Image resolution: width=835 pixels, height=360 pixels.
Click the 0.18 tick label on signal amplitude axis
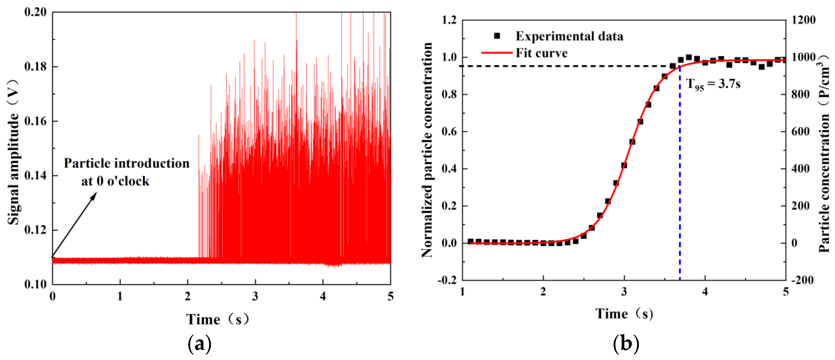(35, 66)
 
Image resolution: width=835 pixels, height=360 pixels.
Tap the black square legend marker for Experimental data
(497, 36)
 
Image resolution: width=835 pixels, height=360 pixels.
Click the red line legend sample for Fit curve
(497, 53)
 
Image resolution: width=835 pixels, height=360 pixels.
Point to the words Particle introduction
(126, 163)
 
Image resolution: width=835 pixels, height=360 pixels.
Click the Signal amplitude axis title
(13, 152)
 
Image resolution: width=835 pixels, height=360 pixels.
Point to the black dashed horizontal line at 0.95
(567, 66)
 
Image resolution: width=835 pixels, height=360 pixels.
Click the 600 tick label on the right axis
(800, 132)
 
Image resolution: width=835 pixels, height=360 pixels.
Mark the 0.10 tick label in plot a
(35, 284)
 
